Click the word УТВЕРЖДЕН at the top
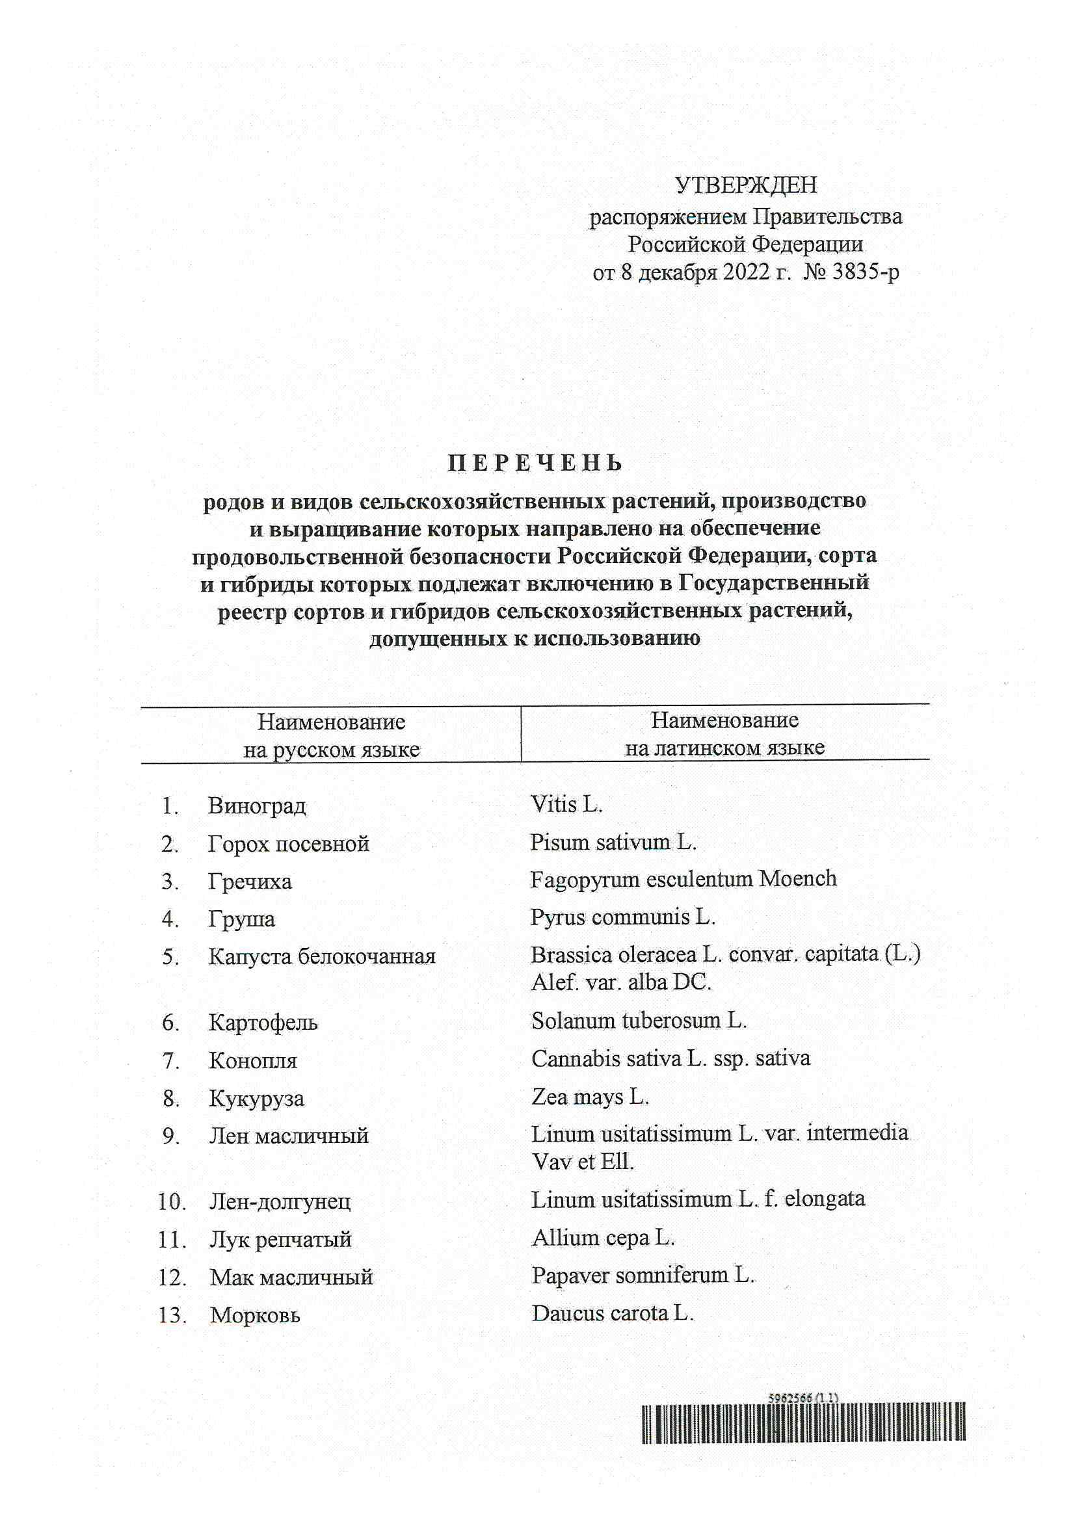pyautogui.click(x=745, y=185)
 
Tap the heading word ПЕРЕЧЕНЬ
pyautogui.click(x=535, y=463)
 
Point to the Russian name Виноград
pyautogui.click(x=257, y=806)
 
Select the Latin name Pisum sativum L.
pyautogui.click(x=613, y=842)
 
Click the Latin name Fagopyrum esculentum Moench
pyautogui.click(x=683, y=879)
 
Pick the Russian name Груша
pyautogui.click(x=242, y=919)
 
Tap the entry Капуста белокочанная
pyautogui.click(x=322, y=956)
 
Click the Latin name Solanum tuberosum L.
pyautogui.click(x=639, y=1021)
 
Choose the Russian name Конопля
pyautogui.click(x=253, y=1060)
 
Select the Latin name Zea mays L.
pyautogui.click(x=589, y=1097)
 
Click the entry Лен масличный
pyautogui.click(x=289, y=1135)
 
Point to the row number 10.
pyautogui.click(x=172, y=1201)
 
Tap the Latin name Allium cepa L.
pyautogui.click(x=603, y=1237)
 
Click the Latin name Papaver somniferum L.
pyautogui.click(x=643, y=1275)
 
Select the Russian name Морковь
pyautogui.click(x=255, y=1315)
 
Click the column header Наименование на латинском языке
pyautogui.click(x=724, y=734)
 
